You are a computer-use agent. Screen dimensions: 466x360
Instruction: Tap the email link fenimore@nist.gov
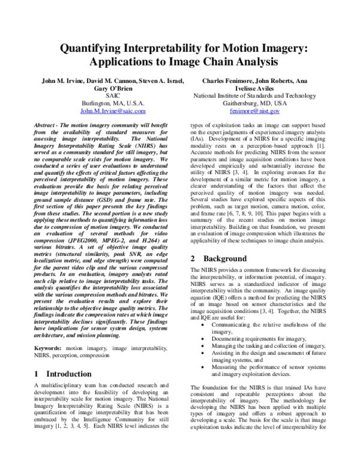coord(255,111)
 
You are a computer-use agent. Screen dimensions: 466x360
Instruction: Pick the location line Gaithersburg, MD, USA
coord(255,103)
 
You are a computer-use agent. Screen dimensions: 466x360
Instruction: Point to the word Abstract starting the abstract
coord(48,122)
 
